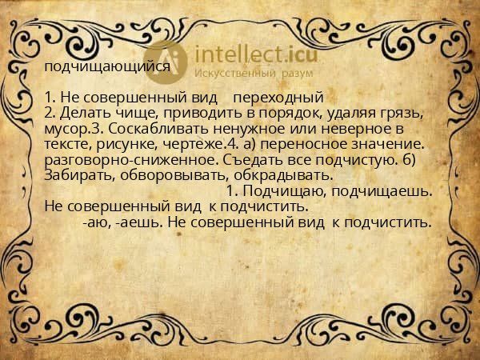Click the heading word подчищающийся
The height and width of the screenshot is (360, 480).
(106, 67)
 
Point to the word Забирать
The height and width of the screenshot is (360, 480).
(78, 174)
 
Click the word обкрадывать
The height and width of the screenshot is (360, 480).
(280, 174)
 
